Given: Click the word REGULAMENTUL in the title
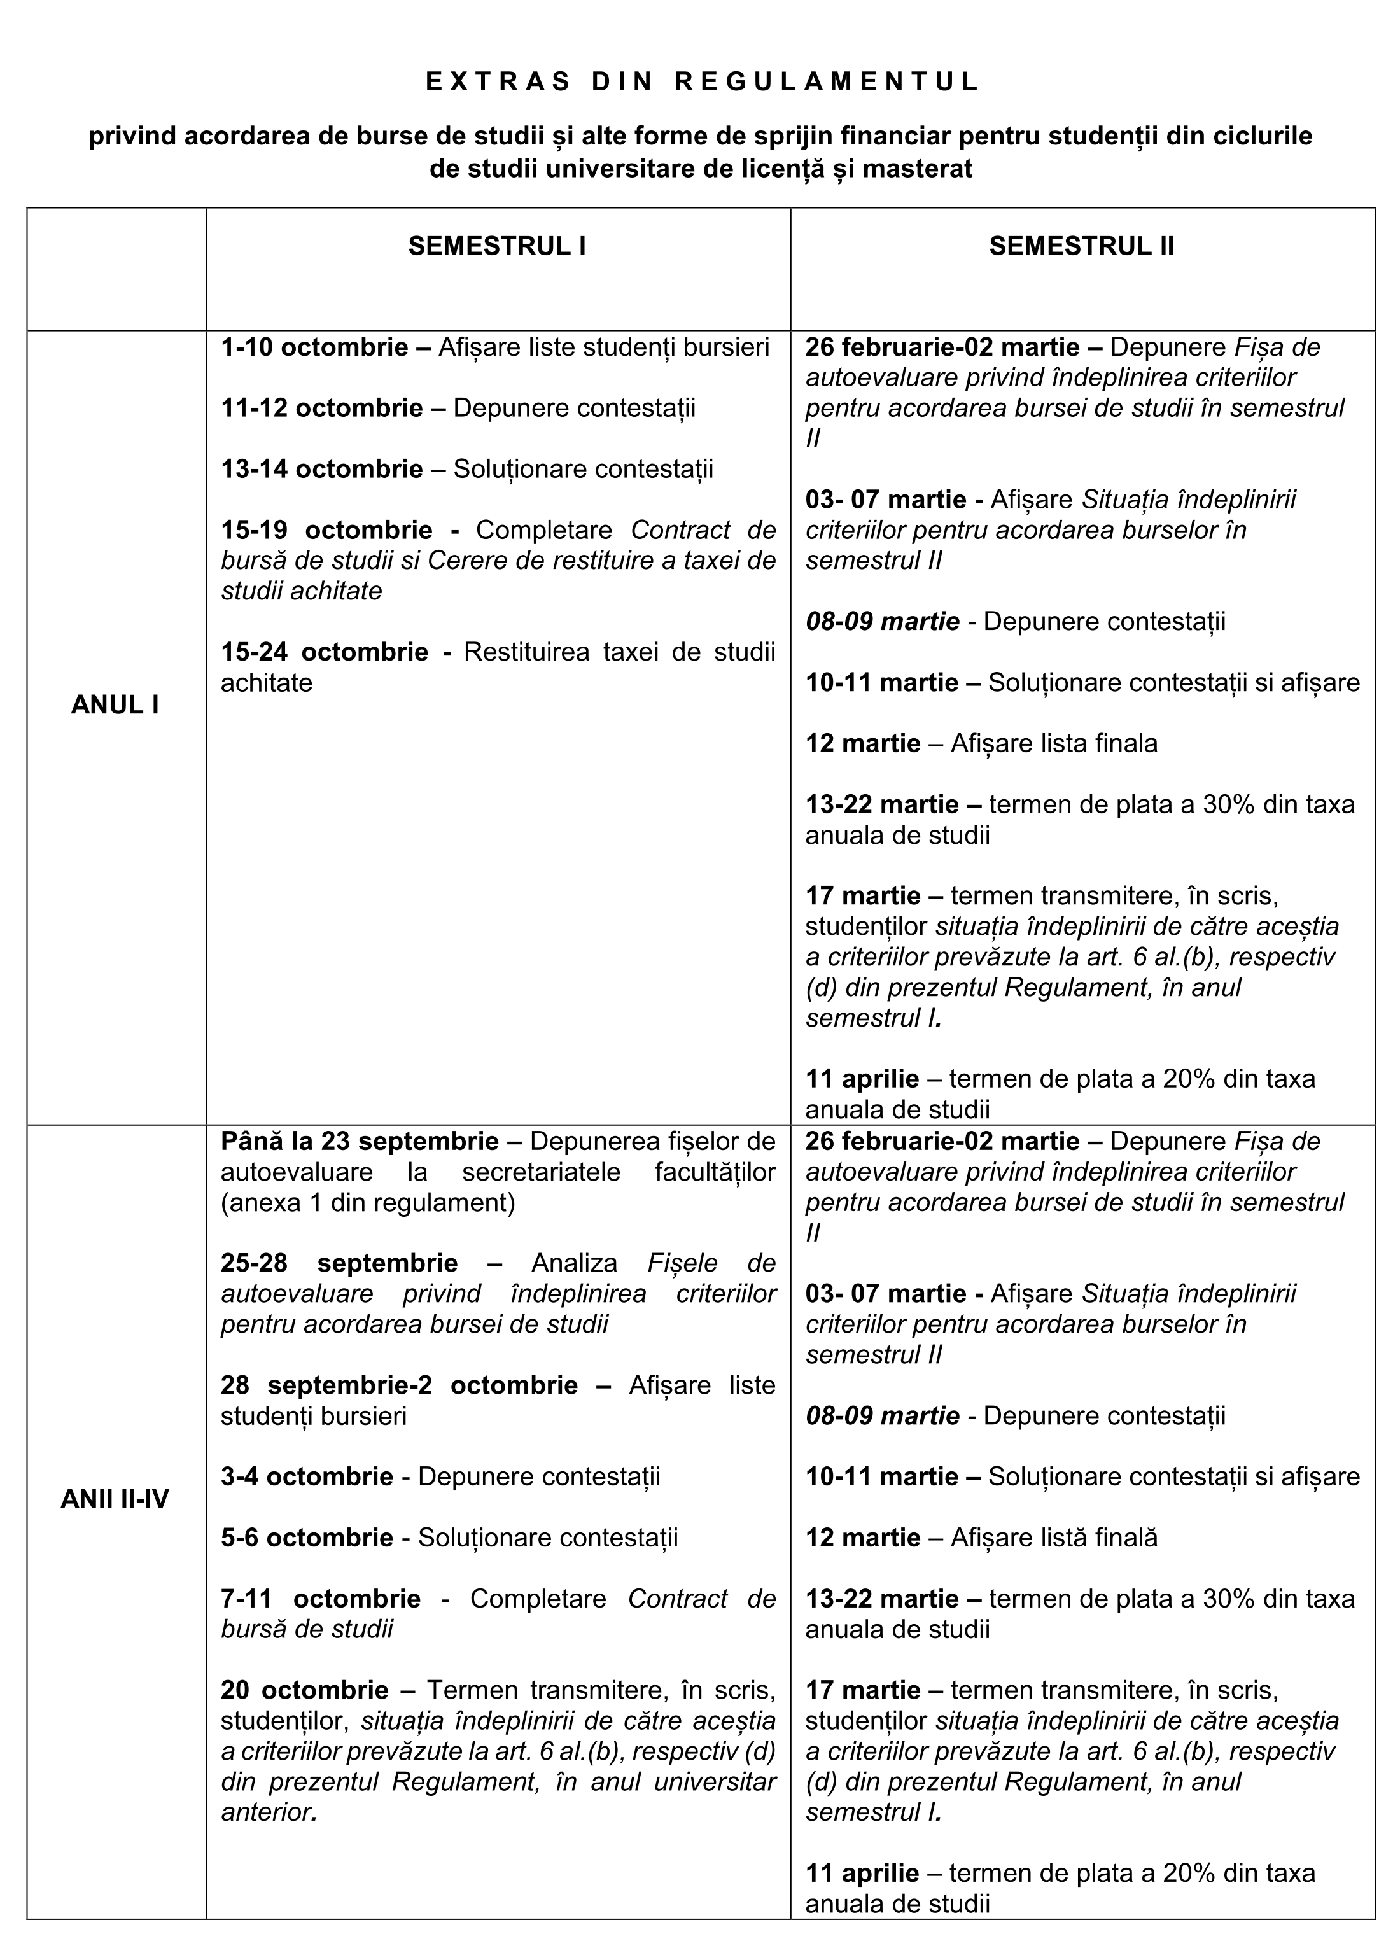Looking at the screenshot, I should pos(827,82).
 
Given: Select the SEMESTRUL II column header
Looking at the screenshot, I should pos(1081,246).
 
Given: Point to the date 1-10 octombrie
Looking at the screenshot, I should pos(314,347).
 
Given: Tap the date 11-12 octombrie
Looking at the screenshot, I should pos(321,408).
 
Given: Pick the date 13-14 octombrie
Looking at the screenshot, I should pos(321,469).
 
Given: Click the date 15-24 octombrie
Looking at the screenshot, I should pos(324,652).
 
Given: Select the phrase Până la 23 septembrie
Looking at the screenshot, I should pos(360,1141).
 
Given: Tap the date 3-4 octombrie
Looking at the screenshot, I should pos(307,1476).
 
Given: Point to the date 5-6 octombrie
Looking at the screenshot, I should pos(307,1537).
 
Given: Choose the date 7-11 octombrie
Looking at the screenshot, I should pos(321,1598).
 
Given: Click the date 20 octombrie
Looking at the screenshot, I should pos(304,1690).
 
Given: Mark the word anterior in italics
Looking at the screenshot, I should pos(265,1812).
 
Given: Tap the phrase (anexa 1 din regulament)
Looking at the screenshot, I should pos(367,1202).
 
